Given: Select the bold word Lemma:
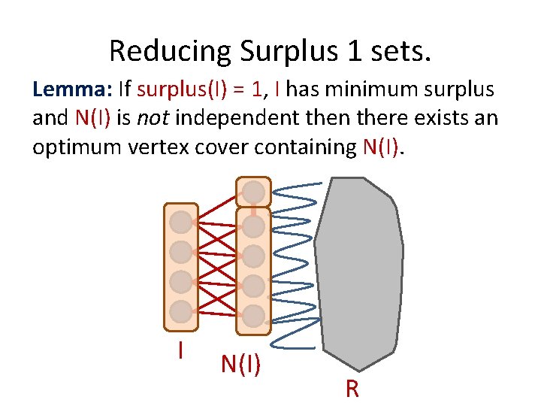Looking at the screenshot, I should (x=71, y=91).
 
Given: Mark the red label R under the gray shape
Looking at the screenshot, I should (x=352, y=389).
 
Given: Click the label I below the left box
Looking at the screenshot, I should (x=180, y=350).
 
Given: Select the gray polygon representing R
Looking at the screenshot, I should (x=358, y=271).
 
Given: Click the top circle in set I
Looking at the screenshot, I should (x=181, y=222).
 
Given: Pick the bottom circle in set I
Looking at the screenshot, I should (x=181, y=311).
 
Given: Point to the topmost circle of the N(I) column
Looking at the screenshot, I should (x=254, y=192).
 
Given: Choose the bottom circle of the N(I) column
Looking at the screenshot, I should (x=254, y=315).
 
